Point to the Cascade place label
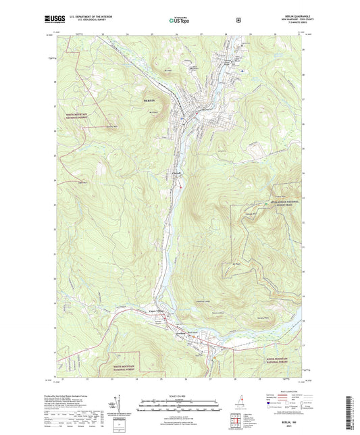tap(175, 178)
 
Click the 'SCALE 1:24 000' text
tap(179, 394)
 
